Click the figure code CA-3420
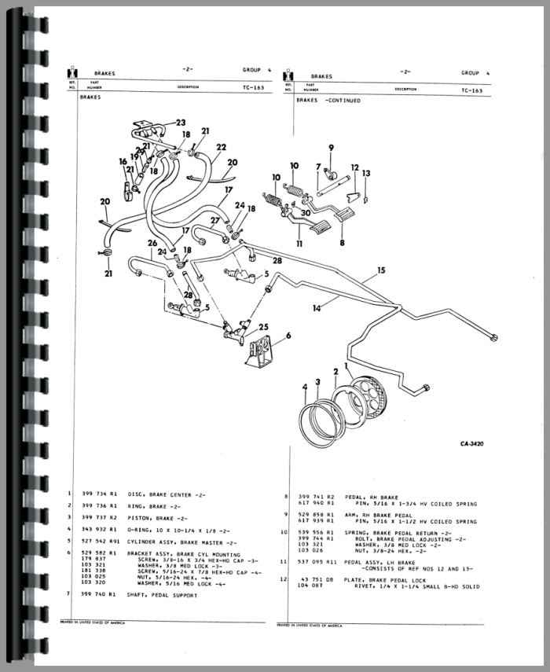tap(472, 444)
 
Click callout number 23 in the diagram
tap(181, 123)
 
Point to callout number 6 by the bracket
tap(288, 336)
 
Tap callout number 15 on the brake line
tap(381, 270)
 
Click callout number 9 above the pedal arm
tap(331, 148)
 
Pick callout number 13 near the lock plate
tap(366, 173)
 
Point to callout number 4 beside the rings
tap(304, 385)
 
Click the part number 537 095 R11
tap(317, 562)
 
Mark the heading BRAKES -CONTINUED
tap(328, 101)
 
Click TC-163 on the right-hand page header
tap(471, 90)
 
